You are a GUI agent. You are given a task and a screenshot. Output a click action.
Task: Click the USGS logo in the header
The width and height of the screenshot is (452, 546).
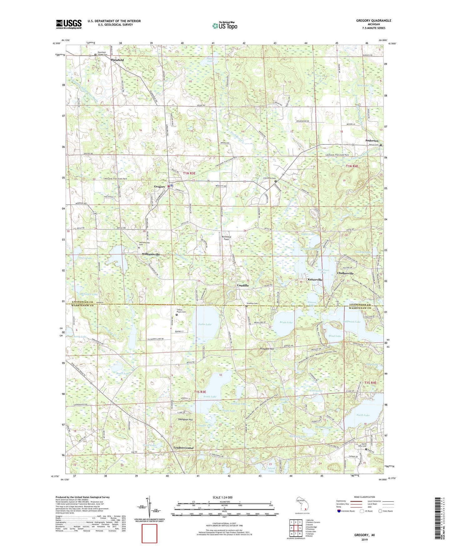tap(69, 24)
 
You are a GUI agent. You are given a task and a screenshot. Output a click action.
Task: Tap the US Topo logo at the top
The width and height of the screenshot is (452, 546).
tap(225, 26)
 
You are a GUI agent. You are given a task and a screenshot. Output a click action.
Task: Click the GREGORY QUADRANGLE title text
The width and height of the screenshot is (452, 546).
tap(373, 21)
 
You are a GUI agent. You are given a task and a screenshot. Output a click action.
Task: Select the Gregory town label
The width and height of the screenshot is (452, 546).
tap(160, 187)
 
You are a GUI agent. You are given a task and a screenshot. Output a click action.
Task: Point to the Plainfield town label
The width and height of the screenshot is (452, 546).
tap(117, 60)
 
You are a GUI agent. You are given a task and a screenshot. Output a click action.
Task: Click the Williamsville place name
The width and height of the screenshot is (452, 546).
tap(151, 255)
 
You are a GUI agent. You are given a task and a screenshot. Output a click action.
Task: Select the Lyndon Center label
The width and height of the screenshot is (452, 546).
tap(184, 448)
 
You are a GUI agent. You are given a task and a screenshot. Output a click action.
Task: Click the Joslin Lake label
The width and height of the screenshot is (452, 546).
tap(205, 324)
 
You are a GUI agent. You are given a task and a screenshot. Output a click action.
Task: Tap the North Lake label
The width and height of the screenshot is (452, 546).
tap(363, 415)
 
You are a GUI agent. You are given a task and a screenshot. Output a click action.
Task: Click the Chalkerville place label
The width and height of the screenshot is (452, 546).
tap(345, 273)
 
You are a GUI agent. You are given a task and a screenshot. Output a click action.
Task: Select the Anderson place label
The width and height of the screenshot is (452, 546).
tap(372, 141)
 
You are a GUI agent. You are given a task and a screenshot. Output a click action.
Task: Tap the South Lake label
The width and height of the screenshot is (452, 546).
tap(210, 397)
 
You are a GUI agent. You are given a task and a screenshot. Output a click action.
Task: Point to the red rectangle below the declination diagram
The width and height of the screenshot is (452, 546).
tap(149, 533)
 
